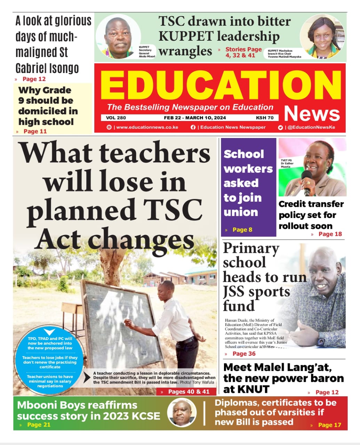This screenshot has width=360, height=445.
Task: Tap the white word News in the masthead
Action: click(x=312, y=113)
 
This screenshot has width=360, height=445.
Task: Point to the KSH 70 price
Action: click(x=265, y=118)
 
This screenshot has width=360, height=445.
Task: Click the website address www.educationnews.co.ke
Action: click(x=147, y=127)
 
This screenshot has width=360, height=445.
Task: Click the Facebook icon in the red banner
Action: click(x=193, y=127)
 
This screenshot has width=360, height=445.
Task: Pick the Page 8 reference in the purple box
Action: click(x=242, y=229)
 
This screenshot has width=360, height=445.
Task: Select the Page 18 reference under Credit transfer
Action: click(x=330, y=234)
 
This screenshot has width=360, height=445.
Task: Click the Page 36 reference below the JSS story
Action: click(x=243, y=354)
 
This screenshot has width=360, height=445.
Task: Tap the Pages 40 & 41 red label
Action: click(x=189, y=391)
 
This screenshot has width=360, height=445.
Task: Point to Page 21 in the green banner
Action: click(x=39, y=424)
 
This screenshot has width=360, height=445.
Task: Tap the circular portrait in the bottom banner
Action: click(x=182, y=413)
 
